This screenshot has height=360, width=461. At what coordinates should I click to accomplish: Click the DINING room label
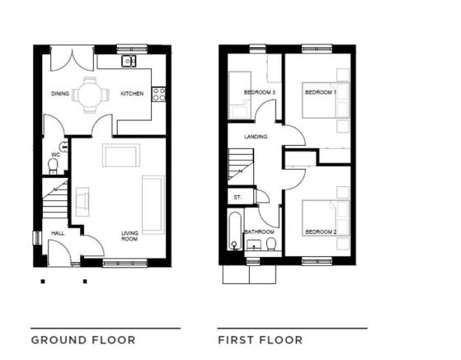tap(60, 94)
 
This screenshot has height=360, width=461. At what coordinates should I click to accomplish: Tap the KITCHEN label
tap(132, 94)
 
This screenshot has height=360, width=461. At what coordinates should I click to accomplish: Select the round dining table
tap(90, 95)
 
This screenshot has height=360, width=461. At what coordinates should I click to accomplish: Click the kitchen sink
tap(129, 61)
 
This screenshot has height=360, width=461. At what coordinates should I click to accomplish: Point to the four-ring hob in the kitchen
tap(159, 95)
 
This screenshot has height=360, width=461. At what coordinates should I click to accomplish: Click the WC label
tap(55, 154)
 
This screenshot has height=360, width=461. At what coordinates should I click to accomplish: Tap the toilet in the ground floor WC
tap(53, 166)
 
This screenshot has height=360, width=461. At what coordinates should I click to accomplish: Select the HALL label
tap(58, 233)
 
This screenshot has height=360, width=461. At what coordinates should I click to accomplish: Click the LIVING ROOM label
tap(129, 236)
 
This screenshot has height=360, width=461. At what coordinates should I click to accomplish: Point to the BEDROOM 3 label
tap(260, 92)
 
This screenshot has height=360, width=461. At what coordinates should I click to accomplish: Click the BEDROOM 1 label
tap(321, 92)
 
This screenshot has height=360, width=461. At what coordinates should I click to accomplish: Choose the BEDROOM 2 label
tap(321, 232)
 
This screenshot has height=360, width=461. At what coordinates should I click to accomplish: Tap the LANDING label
tap(256, 137)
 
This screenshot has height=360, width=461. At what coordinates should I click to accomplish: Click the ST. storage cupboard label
tap(238, 198)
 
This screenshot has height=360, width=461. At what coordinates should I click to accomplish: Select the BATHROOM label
tap(259, 232)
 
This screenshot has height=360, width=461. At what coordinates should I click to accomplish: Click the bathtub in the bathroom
tap(235, 231)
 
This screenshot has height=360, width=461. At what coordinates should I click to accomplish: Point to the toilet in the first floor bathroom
tap(270, 244)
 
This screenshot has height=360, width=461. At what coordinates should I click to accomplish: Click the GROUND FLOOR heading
tap(83, 340)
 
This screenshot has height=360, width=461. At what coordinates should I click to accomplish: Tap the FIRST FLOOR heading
tap(261, 340)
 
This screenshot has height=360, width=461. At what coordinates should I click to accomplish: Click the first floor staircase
tap(241, 166)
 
